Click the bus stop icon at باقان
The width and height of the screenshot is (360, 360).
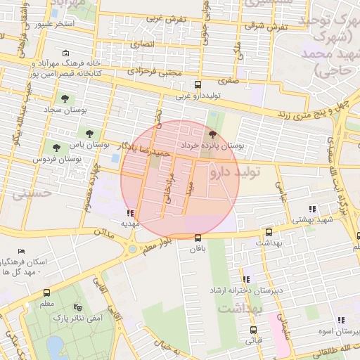coord(198,238)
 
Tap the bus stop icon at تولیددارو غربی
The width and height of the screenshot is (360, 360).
coord(198,84)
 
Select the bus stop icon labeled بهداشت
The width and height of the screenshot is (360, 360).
coord(269,232)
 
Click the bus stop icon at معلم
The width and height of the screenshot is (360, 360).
coord(47,293)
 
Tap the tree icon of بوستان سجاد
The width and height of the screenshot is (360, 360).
coord(65,99)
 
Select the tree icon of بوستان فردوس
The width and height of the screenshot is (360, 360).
coord(56,148)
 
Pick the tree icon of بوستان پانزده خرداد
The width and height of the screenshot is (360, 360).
coord(213,134)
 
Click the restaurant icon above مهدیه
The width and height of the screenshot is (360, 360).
coord(129,213)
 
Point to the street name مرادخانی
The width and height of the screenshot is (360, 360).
coord(167,189)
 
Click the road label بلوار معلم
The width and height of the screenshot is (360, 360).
coord(159,242)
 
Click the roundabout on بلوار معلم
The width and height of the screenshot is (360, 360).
coord(132,249)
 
